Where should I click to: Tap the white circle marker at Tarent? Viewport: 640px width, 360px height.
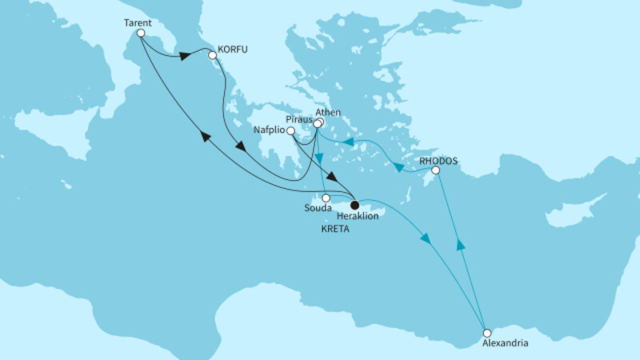click(141, 34)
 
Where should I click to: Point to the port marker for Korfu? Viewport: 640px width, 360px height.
click(212, 56)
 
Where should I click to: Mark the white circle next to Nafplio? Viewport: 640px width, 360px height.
click(290, 131)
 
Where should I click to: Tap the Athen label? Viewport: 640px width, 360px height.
click(330, 113)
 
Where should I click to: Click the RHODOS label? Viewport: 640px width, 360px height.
click(438, 160)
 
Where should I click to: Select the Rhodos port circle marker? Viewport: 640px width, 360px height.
click(435, 170)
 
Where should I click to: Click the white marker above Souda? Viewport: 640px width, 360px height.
click(326, 198)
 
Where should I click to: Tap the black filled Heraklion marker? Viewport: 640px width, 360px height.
click(354, 206)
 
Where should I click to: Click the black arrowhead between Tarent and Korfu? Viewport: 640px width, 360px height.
click(185, 56)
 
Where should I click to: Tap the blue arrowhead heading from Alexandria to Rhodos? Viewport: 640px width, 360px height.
click(460, 245)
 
